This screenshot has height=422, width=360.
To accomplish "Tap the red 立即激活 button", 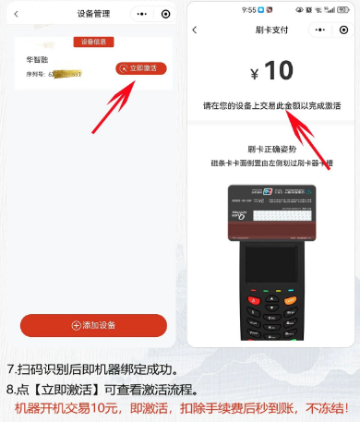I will click(140, 69).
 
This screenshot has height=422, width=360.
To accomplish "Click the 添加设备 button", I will click(93, 325).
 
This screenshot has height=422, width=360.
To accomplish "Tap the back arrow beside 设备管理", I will click(16, 14).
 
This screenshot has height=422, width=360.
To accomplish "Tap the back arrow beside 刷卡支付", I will click(195, 30).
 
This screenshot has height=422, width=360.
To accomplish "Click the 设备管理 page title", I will click(92, 14).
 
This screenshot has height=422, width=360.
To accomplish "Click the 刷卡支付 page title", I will click(272, 30).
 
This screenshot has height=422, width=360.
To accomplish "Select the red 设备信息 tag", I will click(93, 42).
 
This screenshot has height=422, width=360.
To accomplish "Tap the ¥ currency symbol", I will click(255, 74).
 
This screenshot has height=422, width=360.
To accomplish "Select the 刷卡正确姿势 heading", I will click(271, 148).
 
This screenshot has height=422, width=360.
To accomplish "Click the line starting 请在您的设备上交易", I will click(271, 106).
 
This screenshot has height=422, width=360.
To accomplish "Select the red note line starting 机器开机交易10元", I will click(180, 407).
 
